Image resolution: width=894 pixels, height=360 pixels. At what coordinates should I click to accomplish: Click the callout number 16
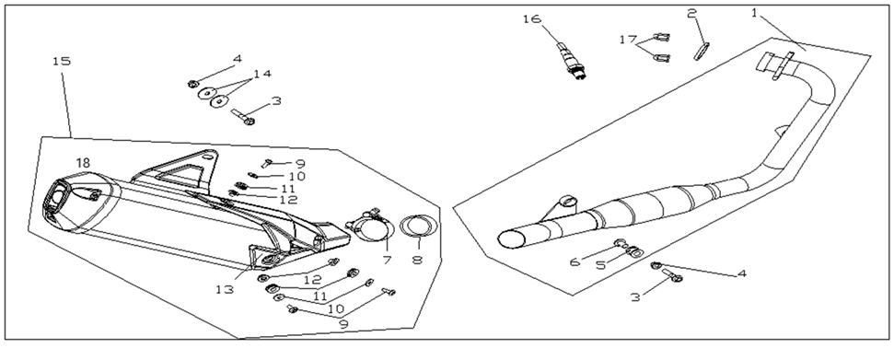pos(531,19)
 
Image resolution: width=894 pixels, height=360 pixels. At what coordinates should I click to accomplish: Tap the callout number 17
pos(628,40)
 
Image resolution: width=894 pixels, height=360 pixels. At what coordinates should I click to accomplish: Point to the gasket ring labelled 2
pos(702,51)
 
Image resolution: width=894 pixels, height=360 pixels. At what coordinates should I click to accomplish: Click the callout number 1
pos(754,12)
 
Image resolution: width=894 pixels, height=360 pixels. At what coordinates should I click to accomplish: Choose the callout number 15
pos(62,61)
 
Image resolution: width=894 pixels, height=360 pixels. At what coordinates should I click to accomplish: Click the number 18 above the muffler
pos(83,163)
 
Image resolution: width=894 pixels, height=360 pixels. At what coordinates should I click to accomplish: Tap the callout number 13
pos(225,289)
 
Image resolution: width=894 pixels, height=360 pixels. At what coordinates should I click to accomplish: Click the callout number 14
pos(262,74)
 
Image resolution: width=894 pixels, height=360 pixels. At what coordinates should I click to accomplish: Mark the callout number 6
pos(575,261)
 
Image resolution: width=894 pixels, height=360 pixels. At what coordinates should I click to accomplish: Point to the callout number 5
pos(600,265)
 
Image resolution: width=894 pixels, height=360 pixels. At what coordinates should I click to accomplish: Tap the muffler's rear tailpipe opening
pos(55,200)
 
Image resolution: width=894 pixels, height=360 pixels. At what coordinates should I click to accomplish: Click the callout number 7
pos(387,261)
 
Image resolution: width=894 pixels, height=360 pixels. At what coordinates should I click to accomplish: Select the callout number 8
pos(417,261)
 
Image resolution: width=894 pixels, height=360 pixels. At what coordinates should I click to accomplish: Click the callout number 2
pos(691,12)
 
